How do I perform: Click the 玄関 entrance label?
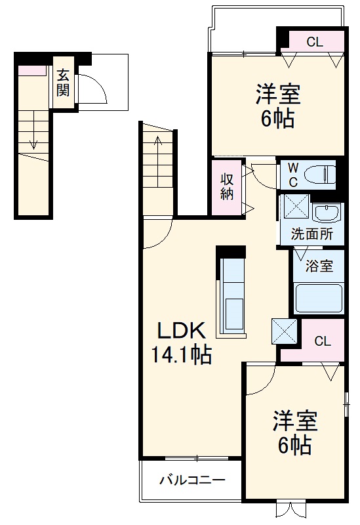[62, 83]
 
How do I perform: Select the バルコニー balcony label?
[193, 480]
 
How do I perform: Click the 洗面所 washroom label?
[311, 234]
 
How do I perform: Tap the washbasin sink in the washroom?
[325, 212]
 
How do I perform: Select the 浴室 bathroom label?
[320, 266]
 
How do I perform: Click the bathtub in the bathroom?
[319, 298]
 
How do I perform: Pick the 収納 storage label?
[227, 186]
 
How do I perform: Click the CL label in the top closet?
[315, 43]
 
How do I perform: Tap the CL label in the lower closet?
[322, 341]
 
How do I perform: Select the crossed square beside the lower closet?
[284, 331]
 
